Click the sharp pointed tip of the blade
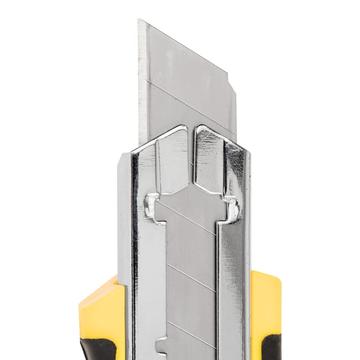pos(139,21)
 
